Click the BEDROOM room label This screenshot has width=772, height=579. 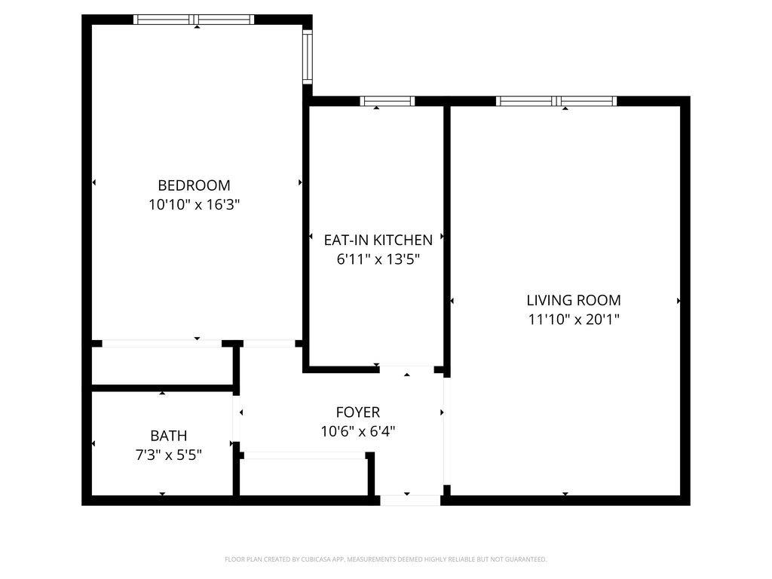point(194,185)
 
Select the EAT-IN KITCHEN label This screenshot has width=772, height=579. point(378,240)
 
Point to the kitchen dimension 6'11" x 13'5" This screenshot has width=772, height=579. point(378,259)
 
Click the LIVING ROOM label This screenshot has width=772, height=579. point(574,300)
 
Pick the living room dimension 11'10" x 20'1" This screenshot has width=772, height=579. point(574,319)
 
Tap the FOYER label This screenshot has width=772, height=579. point(358,412)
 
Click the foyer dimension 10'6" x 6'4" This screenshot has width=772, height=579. point(358,431)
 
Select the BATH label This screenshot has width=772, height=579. point(169,436)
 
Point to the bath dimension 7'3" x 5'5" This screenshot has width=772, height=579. point(169,455)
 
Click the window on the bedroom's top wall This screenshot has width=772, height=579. point(194,20)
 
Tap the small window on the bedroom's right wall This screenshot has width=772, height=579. point(308,57)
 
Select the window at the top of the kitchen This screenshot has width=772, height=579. point(388,101)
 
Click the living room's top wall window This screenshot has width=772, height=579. point(556,101)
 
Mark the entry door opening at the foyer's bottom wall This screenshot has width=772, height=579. point(409,500)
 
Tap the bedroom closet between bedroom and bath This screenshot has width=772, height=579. point(162,366)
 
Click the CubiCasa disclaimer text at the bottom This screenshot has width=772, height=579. point(385,559)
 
